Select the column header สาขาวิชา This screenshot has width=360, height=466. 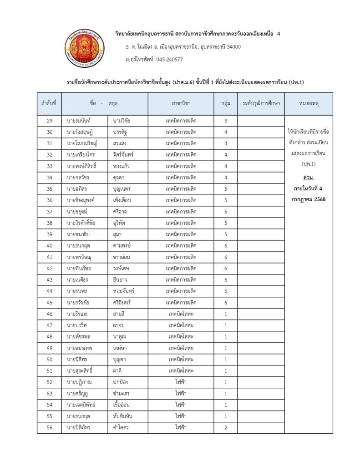(181, 104)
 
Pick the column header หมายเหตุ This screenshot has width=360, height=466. (309, 104)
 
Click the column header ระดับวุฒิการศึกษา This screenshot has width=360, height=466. (261, 104)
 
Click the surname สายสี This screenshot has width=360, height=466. (120, 314)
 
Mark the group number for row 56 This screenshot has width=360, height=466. (226, 427)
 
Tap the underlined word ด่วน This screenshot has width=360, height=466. (309, 176)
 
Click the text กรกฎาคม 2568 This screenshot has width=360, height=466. (309, 199)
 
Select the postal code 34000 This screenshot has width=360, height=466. (232, 47)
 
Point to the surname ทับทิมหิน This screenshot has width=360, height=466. (125, 416)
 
